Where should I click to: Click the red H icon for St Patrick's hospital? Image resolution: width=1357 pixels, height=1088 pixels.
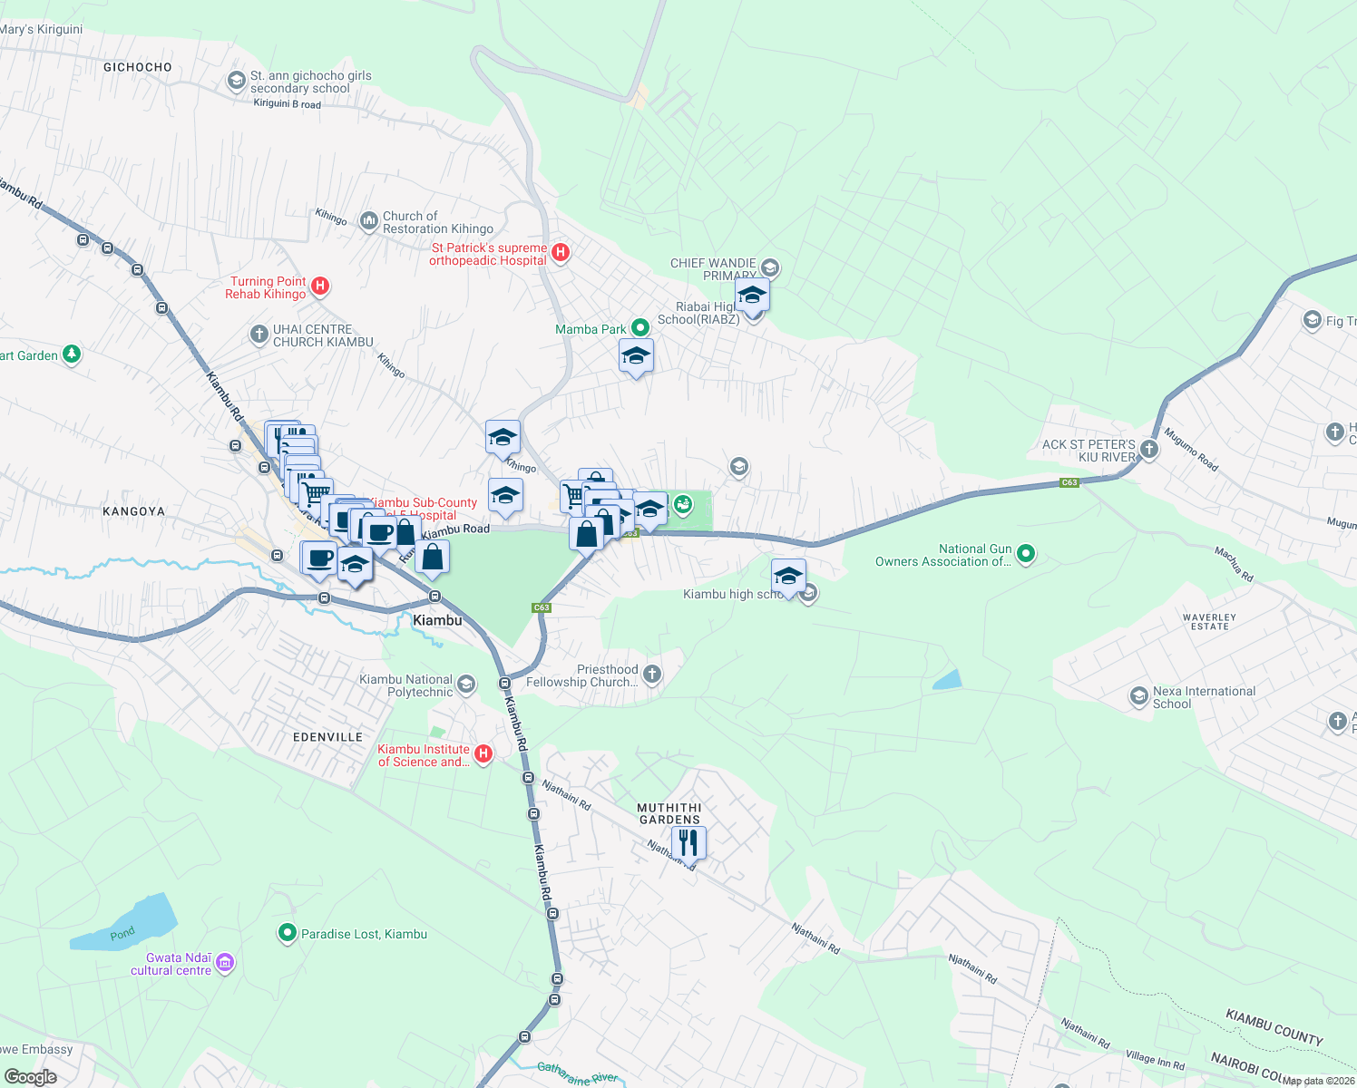pyautogui.click(x=561, y=253)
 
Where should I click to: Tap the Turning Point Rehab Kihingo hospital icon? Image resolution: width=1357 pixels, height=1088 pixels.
pyautogui.click(x=319, y=287)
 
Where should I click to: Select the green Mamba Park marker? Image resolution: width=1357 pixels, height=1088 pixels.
pyautogui.click(x=640, y=327)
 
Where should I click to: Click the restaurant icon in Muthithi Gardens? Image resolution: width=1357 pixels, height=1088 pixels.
pyautogui.click(x=689, y=842)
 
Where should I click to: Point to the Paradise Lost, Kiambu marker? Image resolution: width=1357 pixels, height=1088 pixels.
pyautogui.click(x=288, y=932)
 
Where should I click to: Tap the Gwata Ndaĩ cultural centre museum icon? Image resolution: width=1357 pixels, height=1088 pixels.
pyautogui.click(x=225, y=962)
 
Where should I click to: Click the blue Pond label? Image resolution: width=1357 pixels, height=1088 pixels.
pyautogui.click(x=122, y=933)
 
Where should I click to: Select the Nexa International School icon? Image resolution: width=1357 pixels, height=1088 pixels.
pyautogui.click(x=1138, y=696)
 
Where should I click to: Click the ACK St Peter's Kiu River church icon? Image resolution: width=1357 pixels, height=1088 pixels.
pyautogui.click(x=1149, y=449)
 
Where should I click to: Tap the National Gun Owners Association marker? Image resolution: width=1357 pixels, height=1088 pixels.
pyautogui.click(x=1026, y=553)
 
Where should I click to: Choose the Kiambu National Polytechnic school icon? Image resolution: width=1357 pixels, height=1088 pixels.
pyautogui.click(x=466, y=684)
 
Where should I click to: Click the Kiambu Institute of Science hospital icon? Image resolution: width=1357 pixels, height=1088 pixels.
pyautogui.click(x=483, y=753)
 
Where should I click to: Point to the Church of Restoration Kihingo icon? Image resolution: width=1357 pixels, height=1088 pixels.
pyautogui.click(x=369, y=220)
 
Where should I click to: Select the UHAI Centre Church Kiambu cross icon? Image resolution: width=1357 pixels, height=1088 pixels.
pyautogui.click(x=259, y=335)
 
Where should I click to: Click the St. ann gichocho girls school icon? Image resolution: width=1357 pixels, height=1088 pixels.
pyautogui.click(x=236, y=82)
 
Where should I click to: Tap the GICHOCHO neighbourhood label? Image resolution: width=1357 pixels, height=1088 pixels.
pyautogui.click(x=138, y=67)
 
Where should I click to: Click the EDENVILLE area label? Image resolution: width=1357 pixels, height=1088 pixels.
pyautogui.click(x=327, y=737)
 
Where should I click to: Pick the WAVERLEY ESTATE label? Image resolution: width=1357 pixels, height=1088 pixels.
pyautogui.click(x=1209, y=621)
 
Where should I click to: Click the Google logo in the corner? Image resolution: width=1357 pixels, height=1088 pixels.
pyautogui.click(x=31, y=1076)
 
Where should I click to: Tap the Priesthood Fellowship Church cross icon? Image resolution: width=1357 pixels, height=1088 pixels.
pyautogui.click(x=651, y=674)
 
